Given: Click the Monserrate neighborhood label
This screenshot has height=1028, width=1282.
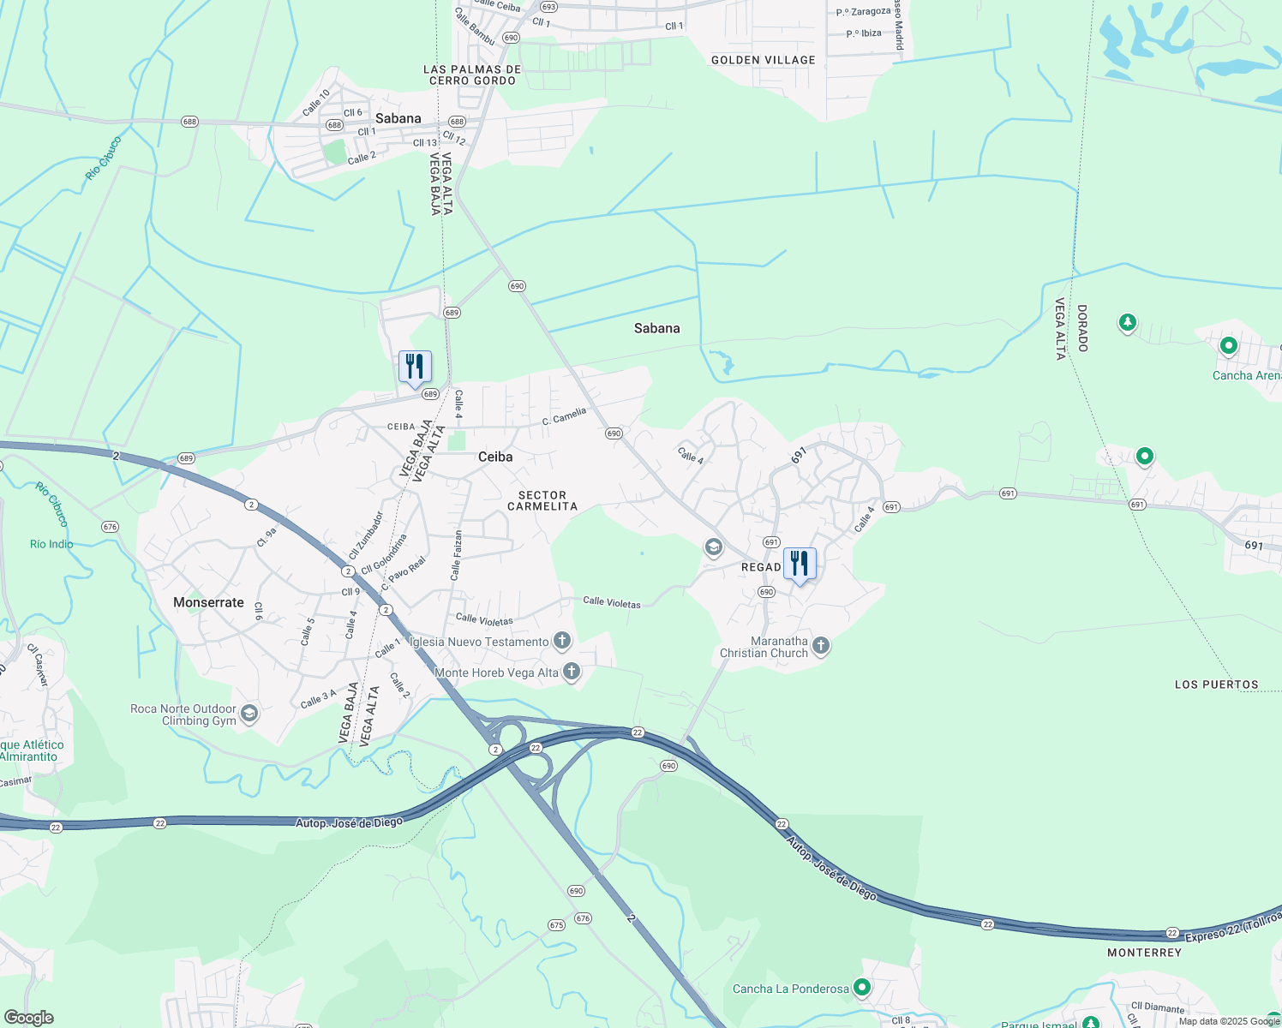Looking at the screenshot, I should pyautogui.click(x=208, y=602).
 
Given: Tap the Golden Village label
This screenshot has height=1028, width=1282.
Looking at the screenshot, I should pyautogui.click(x=763, y=60).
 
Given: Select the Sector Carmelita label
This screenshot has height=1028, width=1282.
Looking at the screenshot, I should pyautogui.click(x=542, y=501).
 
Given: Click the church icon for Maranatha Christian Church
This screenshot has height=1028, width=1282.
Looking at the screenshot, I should pyautogui.click(x=821, y=646).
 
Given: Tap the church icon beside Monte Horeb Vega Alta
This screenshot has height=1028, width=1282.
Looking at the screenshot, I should pyautogui.click(x=572, y=672).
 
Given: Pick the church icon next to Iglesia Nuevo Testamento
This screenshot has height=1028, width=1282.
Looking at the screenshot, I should pyautogui.click(x=562, y=640).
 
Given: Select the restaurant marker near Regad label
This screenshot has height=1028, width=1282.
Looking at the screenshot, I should pyautogui.click(x=800, y=565).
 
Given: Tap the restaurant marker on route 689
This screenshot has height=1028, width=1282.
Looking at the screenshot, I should pyautogui.click(x=415, y=368).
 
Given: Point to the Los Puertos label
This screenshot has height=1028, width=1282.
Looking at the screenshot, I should pyautogui.click(x=1216, y=684).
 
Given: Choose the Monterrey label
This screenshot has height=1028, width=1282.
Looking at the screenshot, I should pyautogui.click(x=1144, y=953).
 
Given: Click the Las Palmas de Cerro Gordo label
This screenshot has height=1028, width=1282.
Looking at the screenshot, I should pyautogui.click(x=472, y=75).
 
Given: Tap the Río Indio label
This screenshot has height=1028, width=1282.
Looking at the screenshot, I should pyautogui.click(x=51, y=544).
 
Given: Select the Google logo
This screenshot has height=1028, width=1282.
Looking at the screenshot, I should pyautogui.click(x=28, y=1017).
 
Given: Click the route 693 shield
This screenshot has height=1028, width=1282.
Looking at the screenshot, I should pyautogui.click(x=548, y=7).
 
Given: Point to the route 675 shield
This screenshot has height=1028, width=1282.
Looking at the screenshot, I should pyautogui.click(x=557, y=925).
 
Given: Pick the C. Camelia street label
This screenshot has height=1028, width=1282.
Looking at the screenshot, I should pyautogui.click(x=564, y=417).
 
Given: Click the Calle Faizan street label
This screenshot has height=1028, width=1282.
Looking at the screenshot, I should pyautogui.click(x=457, y=555).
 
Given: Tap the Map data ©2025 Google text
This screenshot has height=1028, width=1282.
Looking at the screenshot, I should pyautogui.click(x=1229, y=1021).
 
